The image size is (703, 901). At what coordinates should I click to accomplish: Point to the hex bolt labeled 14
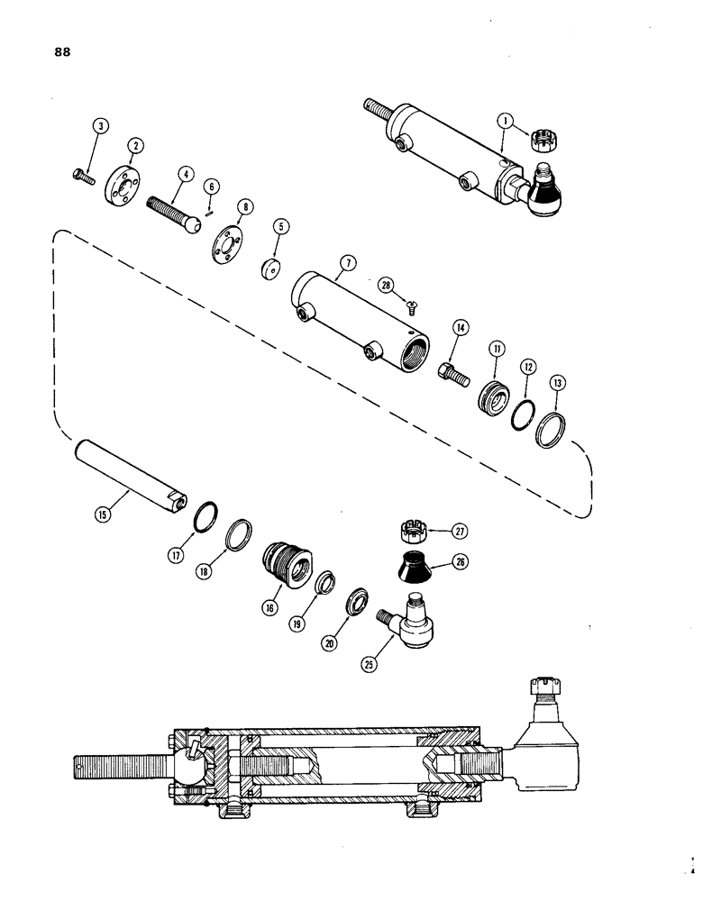pyautogui.click(x=453, y=372)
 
